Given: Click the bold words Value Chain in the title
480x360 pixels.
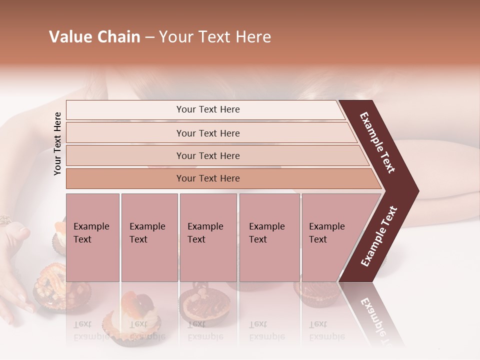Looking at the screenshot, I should (x=94, y=37).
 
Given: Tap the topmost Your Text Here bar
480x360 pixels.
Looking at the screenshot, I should (x=207, y=109).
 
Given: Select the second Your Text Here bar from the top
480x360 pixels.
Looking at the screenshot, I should (x=207, y=133).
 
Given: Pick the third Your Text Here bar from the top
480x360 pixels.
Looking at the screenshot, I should (x=207, y=155).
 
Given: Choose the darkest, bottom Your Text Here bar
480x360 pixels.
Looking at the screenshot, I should (x=207, y=178).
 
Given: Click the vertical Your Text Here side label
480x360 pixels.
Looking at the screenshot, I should (x=58, y=144).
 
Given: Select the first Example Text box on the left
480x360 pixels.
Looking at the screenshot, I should (x=92, y=237).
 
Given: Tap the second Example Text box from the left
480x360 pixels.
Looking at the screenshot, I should (x=149, y=237).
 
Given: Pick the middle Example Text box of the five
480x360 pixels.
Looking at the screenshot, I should (x=208, y=237).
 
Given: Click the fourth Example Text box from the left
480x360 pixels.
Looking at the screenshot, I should (x=269, y=237).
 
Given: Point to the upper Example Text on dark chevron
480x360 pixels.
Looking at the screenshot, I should (x=378, y=143).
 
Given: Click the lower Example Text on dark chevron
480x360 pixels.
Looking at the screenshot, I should (x=379, y=236).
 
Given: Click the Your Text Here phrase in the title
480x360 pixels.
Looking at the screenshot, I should (x=214, y=37).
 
